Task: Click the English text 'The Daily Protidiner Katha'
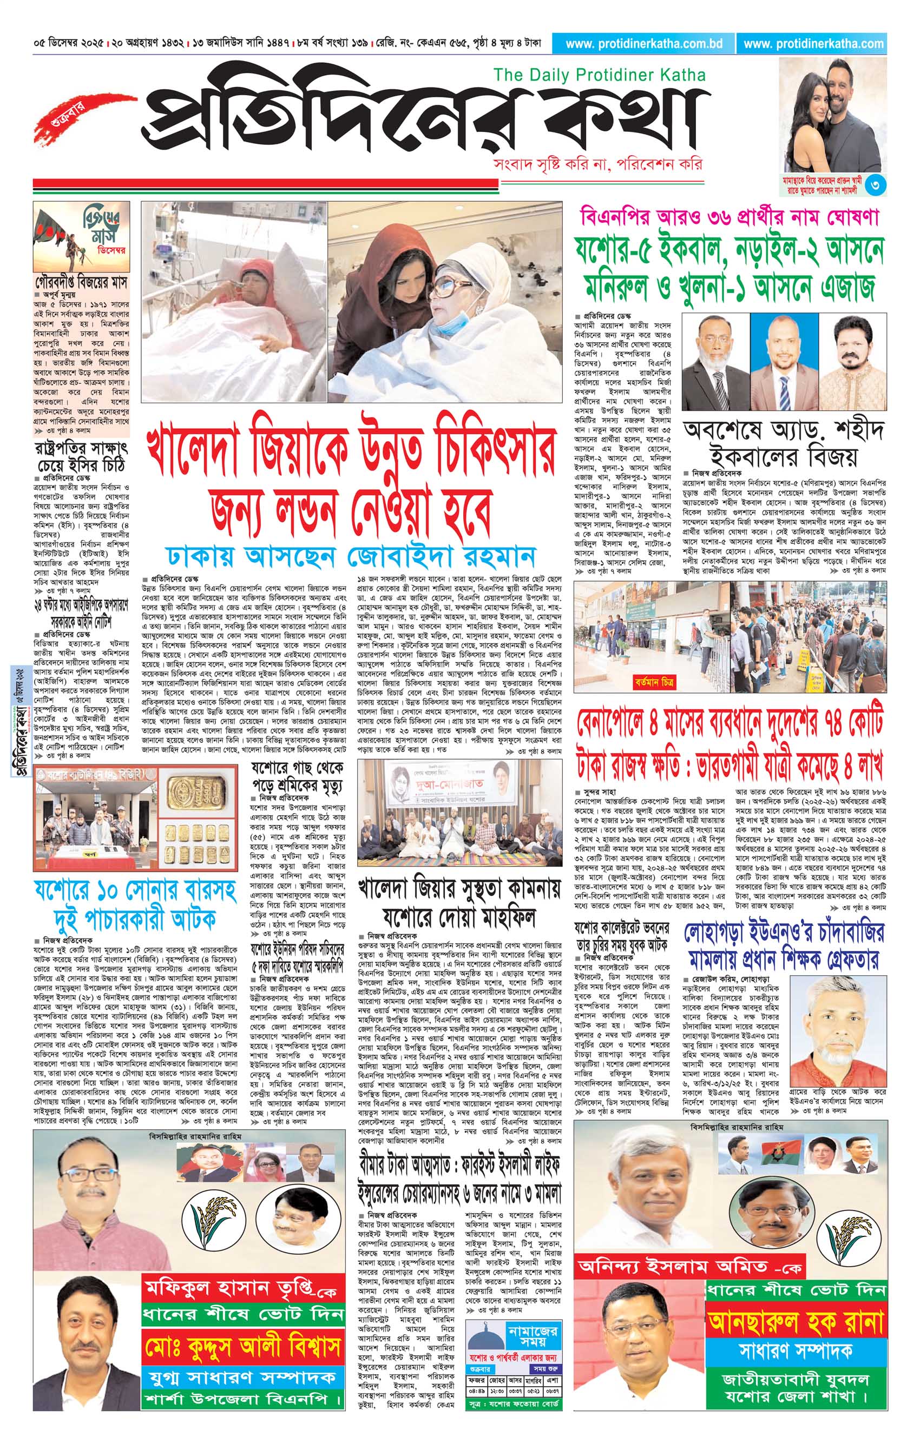(x=599, y=76)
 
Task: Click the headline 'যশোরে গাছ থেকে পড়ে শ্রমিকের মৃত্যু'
(x=296, y=776)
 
